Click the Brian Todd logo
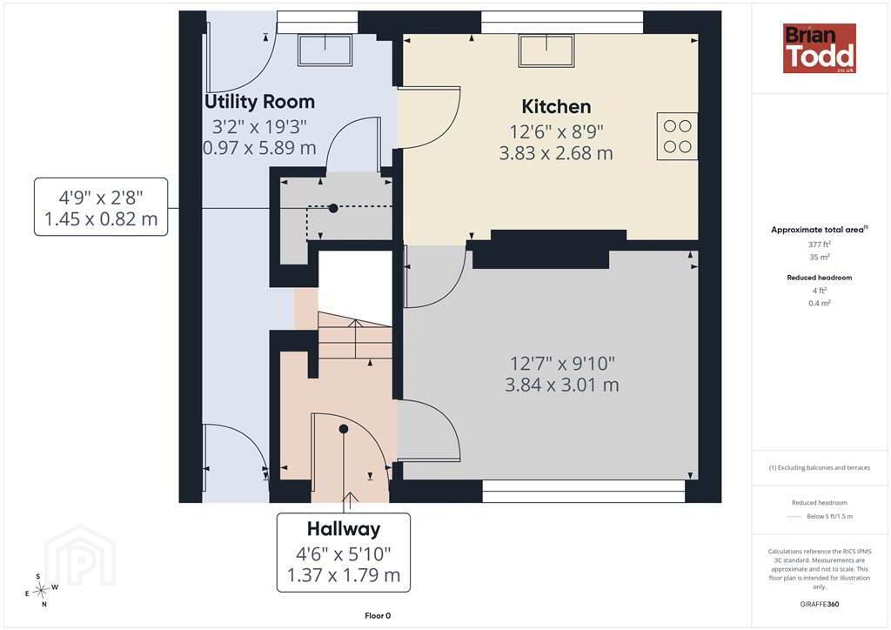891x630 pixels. [819, 48]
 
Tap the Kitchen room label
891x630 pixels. [556, 106]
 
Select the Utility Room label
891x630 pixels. [259, 102]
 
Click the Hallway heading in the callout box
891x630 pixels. [343, 529]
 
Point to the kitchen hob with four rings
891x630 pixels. [677, 137]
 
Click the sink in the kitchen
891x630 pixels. [546, 50]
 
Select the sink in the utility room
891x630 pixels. [325, 50]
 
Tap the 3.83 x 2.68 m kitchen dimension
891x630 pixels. [556, 153]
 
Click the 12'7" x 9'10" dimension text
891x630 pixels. [562, 363]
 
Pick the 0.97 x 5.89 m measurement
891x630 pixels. [259, 148]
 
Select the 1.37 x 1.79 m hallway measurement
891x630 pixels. [343, 575]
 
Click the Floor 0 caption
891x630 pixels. [378, 616]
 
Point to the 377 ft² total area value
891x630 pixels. [819, 245]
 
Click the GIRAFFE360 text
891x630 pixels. [819, 604]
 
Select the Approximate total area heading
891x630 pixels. [819, 230]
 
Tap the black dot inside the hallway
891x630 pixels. [343, 429]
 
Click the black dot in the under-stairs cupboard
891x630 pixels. [333, 209]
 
